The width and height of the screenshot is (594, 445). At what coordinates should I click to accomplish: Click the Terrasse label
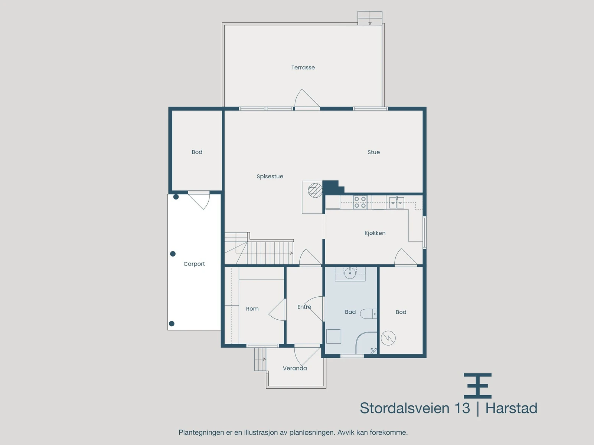click(x=303, y=67)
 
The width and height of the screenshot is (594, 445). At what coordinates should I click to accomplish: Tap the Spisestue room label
click(x=270, y=177)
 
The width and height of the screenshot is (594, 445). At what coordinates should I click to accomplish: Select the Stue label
click(x=373, y=152)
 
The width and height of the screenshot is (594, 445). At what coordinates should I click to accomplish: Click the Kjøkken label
click(x=375, y=233)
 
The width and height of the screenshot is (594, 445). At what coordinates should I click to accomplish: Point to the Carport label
click(x=194, y=264)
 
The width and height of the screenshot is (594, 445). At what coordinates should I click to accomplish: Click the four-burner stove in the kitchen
click(x=360, y=202)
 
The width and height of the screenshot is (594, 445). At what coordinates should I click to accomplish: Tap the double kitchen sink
click(x=396, y=202)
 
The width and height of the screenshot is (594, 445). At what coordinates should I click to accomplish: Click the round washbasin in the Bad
click(x=350, y=274)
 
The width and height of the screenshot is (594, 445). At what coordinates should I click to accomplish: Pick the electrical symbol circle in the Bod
click(x=388, y=337)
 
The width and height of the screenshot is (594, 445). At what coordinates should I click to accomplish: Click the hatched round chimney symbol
click(x=315, y=191)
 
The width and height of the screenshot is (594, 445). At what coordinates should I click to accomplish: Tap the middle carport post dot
click(x=173, y=254)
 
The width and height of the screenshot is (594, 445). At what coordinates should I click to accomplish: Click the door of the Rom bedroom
click(x=277, y=310)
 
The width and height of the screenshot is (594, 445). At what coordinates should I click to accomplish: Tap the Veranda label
click(x=295, y=368)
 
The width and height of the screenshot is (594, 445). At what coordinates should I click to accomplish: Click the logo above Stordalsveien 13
click(x=478, y=386)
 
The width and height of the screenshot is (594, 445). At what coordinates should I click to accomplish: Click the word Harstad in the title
click(x=511, y=408)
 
